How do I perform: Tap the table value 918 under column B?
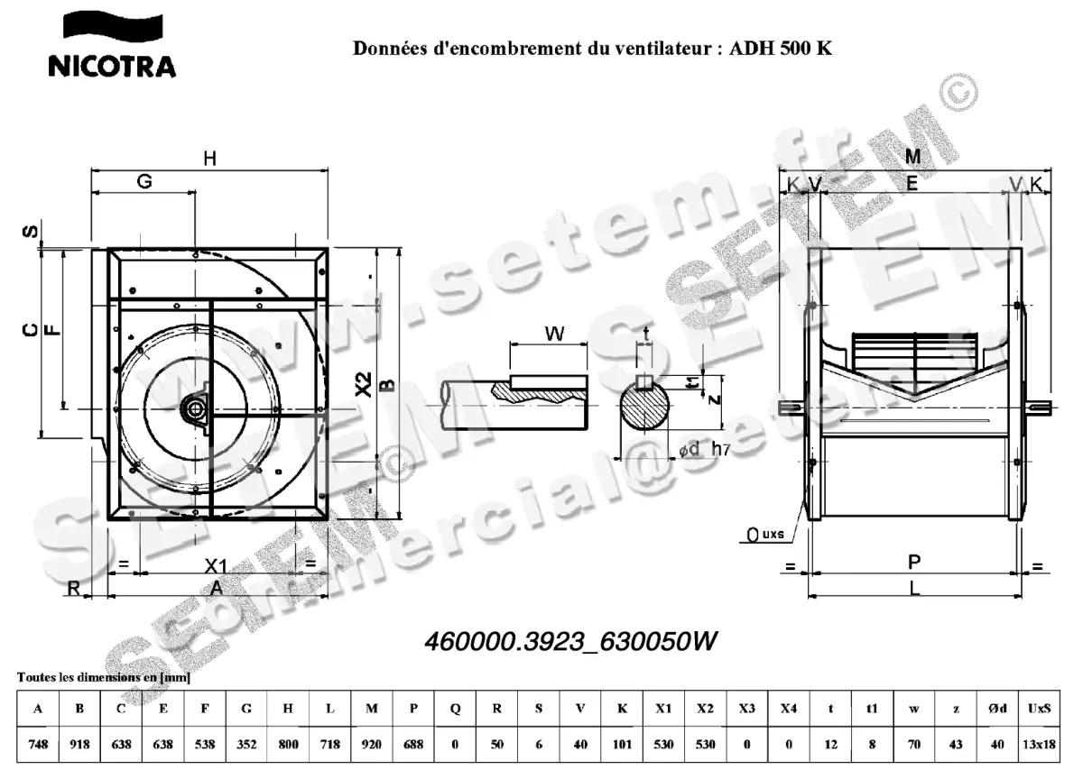coord(79,744)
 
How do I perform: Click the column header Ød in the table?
coord(997,709)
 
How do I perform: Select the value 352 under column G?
coord(246,744)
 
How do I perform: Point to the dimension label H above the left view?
coord(209,159)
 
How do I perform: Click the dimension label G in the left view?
coord(143,181)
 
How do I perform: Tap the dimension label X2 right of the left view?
coord(363,385)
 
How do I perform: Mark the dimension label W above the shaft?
coord(554,334)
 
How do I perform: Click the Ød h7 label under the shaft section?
coord(703,450)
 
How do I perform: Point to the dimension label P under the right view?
coord(913,563)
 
